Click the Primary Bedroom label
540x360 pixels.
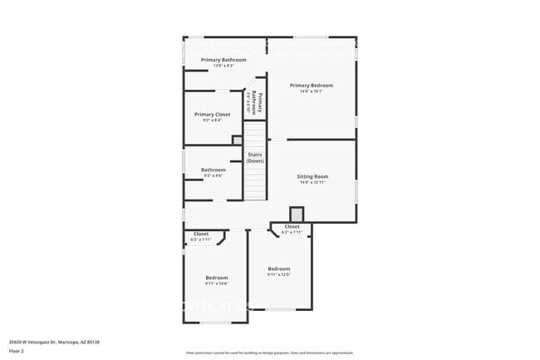(312, 86)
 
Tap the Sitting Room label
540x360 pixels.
(313, 176)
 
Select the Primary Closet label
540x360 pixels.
(212, 114)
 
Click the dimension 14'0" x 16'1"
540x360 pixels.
(312, 91)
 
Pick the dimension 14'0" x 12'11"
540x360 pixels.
(313, 182)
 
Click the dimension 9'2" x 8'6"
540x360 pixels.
(213, 175)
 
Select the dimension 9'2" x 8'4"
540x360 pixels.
(212, 120)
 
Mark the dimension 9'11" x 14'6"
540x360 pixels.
(216, 284)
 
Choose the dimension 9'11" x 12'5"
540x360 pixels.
(279, 274)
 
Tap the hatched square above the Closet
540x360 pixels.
(295, 215)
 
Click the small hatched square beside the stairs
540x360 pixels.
(238, 140)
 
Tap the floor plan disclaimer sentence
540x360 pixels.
(270, 353)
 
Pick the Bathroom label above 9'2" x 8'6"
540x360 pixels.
(213, 170)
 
